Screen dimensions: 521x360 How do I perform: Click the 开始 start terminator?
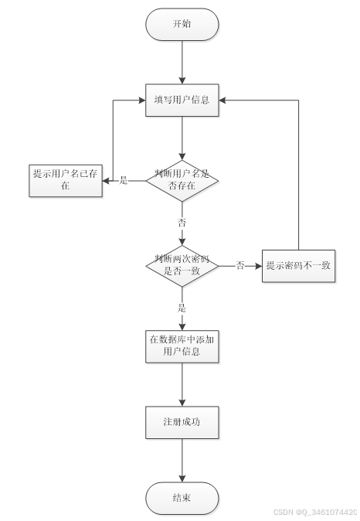[182, 24]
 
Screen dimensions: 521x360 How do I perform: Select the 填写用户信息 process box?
[182, 100]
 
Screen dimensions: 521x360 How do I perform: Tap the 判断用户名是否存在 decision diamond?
[182, 181]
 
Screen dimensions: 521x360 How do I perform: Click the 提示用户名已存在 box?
[66, 180]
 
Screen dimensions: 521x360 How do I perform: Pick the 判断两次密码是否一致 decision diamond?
[182, 265]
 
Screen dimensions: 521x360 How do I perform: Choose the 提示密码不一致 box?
[298, 265]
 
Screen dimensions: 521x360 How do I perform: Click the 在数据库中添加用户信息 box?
[182, 346]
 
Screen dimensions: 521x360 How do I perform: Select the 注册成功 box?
[182, 422]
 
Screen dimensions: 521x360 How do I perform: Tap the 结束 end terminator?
[182, 498]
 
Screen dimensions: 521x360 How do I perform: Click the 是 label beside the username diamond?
[124, 180]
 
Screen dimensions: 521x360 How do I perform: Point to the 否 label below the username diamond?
[182, 222]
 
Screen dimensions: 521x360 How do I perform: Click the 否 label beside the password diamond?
[239, 265]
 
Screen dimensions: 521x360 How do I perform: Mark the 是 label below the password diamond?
[182, 308]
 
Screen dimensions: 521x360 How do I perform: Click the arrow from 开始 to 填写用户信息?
[182, 62]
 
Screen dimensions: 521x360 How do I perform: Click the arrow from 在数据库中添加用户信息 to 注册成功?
[182, 384]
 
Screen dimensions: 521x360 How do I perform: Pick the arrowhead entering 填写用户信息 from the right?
[223, 100]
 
